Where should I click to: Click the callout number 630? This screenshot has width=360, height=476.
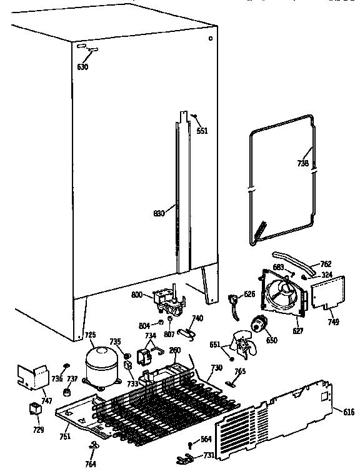[83, 66]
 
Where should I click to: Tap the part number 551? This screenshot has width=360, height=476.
[202, 131]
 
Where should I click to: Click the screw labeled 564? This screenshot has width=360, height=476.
[206, 440]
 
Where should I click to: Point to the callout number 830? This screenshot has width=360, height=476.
[159, 213]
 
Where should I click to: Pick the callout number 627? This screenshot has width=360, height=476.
[297, 330]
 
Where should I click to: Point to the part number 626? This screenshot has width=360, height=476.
[249, 294]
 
